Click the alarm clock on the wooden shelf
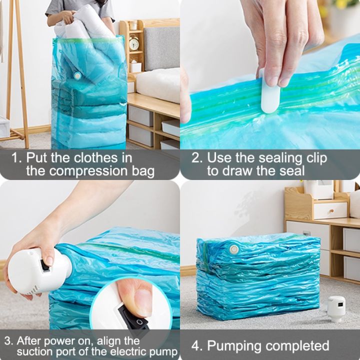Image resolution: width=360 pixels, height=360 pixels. [x=134, y=43]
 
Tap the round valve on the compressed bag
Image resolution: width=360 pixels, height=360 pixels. [x=232, y=248]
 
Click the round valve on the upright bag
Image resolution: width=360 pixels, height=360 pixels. [x=77, y=75]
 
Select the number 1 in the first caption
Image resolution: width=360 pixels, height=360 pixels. [x=16, y=158]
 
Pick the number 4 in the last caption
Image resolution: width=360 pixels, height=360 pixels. [x=196, y=345]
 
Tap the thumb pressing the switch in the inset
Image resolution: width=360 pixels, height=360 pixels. [x=134, y=297]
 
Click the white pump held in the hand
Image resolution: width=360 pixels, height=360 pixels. [x=30, y=270]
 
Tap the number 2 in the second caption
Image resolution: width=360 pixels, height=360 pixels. [x=197, y=158]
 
